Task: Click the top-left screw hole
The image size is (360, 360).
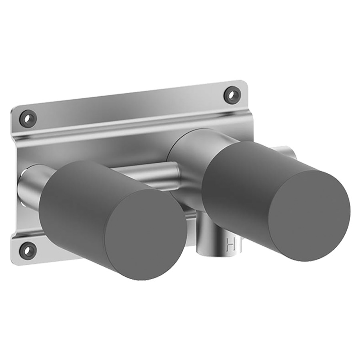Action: tap(28, 118)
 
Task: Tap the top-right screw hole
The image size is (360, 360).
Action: tap(232, 94)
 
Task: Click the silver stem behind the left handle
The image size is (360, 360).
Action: tap(34, 184)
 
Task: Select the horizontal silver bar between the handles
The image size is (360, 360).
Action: tap(147, 173)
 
